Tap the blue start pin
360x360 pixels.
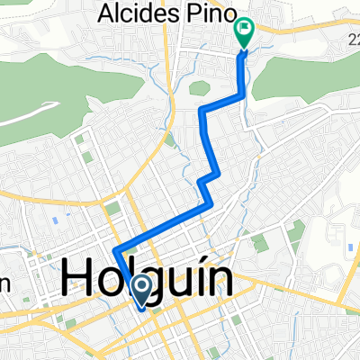point(142,289)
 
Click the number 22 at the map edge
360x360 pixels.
point(352,35)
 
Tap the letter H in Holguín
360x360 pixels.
point(78,278)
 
